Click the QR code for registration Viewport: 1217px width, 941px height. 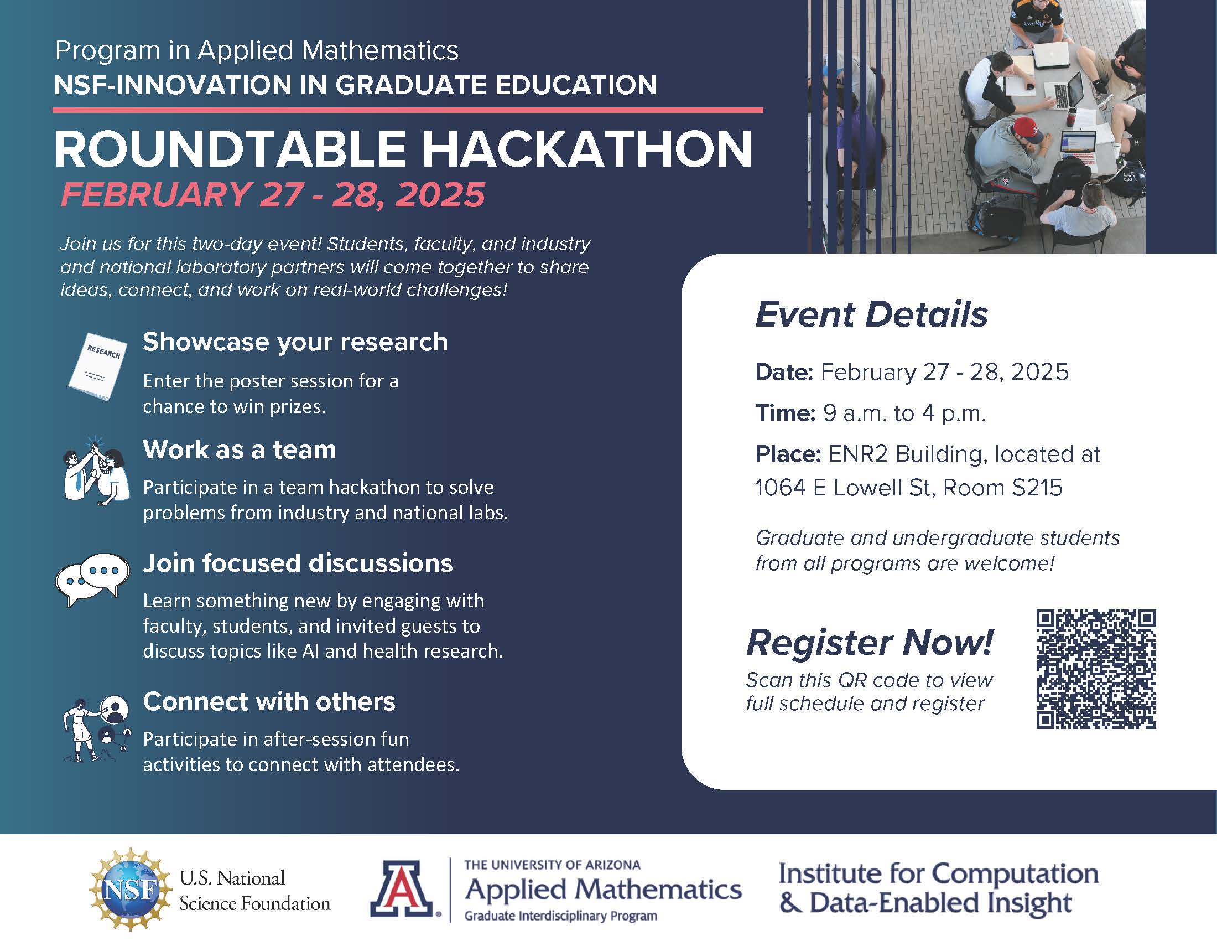(x=1095, y=669)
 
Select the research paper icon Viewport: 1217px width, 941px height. (x=97, y=366)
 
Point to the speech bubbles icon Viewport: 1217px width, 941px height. (x=92, y=579)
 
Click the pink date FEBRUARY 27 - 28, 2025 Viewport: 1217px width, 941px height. (x=273, y=194)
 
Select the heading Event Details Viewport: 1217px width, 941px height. (x=871, y=314)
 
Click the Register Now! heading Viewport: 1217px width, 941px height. (x=869, y=642)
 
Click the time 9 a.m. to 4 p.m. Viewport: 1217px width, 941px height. (x=904, y=413)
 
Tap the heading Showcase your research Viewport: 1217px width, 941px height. (x=295, y=342)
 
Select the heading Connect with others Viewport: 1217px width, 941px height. (x=269, y=701)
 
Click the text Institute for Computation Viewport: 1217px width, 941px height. (x=938, y=873)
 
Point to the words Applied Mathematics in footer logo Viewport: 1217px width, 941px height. (x=603, y=890)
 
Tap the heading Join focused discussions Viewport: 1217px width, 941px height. (x=298, y=563)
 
